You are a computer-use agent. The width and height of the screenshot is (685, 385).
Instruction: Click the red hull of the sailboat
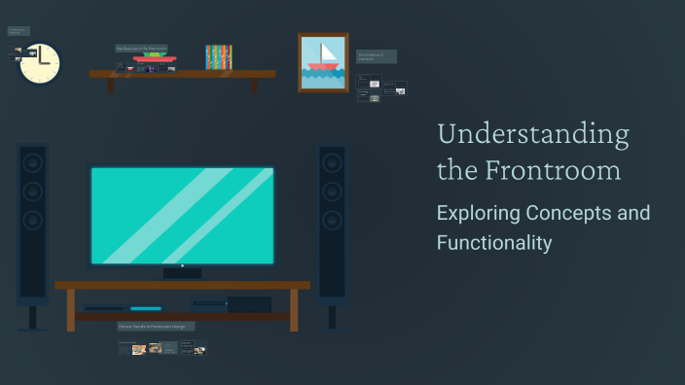(323, 68)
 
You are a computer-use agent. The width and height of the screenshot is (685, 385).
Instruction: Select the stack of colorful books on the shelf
(218, 56)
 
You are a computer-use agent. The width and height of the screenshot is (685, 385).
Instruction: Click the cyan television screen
(182, 215)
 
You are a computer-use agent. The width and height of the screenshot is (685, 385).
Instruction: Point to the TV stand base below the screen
(182, 273)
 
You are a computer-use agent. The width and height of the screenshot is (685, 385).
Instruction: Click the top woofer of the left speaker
(32, 162)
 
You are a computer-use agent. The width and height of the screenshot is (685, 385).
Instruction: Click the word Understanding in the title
(532, 135)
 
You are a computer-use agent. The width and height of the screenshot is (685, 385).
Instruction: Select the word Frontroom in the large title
(554, 171)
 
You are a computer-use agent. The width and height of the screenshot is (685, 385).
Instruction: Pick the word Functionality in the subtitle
(493, 242)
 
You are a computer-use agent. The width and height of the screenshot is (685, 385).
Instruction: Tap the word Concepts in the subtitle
(567, 213)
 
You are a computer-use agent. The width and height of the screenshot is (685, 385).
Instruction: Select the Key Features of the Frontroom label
(142, 48)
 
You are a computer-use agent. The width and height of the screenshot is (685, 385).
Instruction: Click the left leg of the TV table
(70, 310)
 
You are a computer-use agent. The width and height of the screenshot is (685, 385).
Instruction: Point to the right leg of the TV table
(294, 310)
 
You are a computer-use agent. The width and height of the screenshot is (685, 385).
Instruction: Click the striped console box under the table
(249, 304)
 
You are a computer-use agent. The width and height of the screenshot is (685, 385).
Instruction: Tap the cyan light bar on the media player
(146, 308)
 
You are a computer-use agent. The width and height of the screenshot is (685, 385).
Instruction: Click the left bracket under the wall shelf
(110, 85)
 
